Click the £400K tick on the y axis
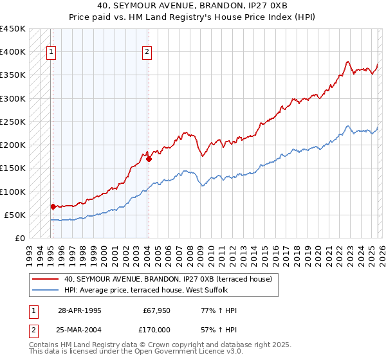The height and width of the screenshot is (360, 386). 13,52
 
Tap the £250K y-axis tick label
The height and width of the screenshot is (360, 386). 13,122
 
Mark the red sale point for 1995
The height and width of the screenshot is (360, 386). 53,206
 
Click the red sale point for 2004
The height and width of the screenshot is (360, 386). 149,159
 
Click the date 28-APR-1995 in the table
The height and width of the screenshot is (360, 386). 79,310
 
